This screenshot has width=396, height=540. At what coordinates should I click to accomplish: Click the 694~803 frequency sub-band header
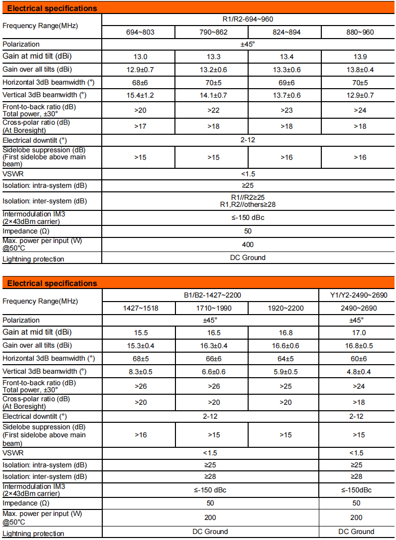[x=138, y=33]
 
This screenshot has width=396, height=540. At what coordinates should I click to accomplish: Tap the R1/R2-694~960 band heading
[x=248, y=20]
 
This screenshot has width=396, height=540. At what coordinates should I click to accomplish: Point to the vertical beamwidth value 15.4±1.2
[x=138, y=95]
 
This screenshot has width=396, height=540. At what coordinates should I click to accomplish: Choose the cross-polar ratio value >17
[x=138, y=126]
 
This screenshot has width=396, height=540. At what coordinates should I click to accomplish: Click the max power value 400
[x=248, y=244]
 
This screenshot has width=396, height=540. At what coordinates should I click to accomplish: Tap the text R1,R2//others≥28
[x=248, y=204]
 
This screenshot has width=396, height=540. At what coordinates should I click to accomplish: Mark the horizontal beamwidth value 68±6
[x=138, y=82]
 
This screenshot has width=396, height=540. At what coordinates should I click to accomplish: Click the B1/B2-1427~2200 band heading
[x=211, y=296]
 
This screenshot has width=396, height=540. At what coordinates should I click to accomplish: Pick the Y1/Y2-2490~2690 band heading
[x=356, y=296]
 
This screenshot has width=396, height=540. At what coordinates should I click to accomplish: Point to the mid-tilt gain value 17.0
[x=356, y=333]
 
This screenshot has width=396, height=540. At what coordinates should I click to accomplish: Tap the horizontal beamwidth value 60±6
[x=356, y=359]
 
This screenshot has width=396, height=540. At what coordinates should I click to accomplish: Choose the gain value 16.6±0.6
[x=284, y=346]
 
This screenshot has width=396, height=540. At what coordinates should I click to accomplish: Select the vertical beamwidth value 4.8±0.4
[x=356, y=371]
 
